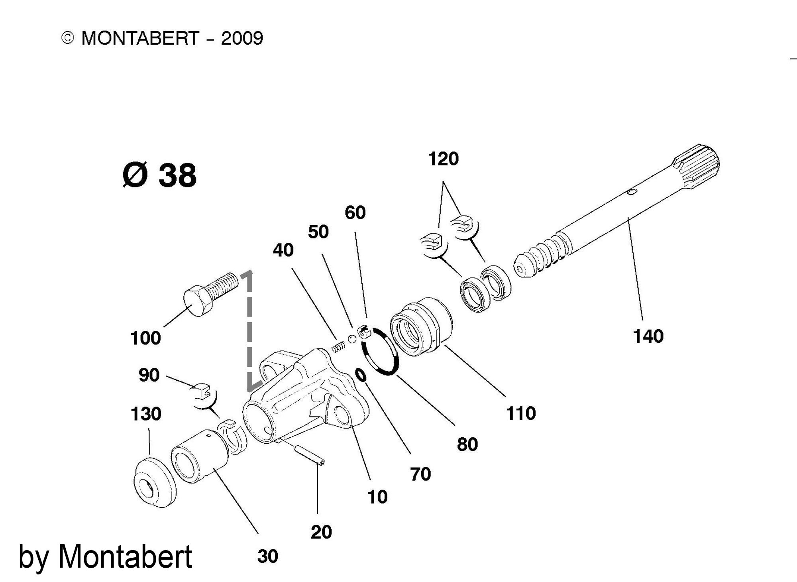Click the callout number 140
(648, 336)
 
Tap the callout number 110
(521, 413)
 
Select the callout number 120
(443, 159)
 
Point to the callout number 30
(267, 556)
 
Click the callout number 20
(321, 532)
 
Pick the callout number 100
(145, 338)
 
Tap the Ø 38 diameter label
(159, 175)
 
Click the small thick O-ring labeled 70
(361, 375)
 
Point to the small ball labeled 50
(351, 339)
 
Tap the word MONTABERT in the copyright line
(139, 38)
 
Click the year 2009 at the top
(242, 38)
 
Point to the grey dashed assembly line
(250, 331)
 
